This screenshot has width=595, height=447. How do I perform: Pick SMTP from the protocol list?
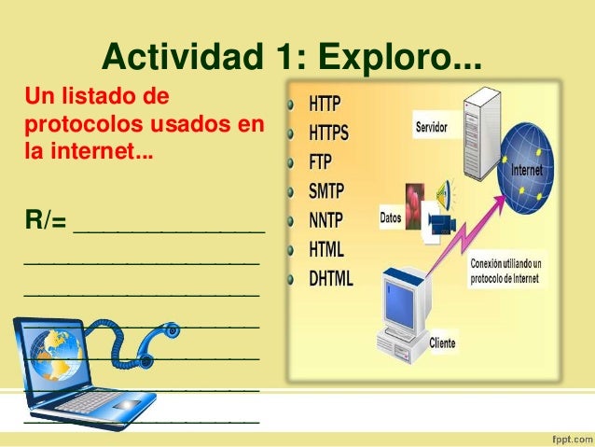[326, 190]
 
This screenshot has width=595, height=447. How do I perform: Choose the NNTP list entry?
[326, 220]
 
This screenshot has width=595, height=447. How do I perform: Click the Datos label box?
[392, 217]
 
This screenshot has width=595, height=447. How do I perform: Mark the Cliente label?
[442, 343]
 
